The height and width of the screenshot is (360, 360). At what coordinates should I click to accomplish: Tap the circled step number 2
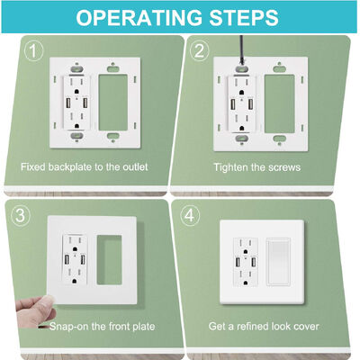pos(203,52)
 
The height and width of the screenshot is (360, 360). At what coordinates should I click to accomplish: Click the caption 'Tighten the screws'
pos(256,167)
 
